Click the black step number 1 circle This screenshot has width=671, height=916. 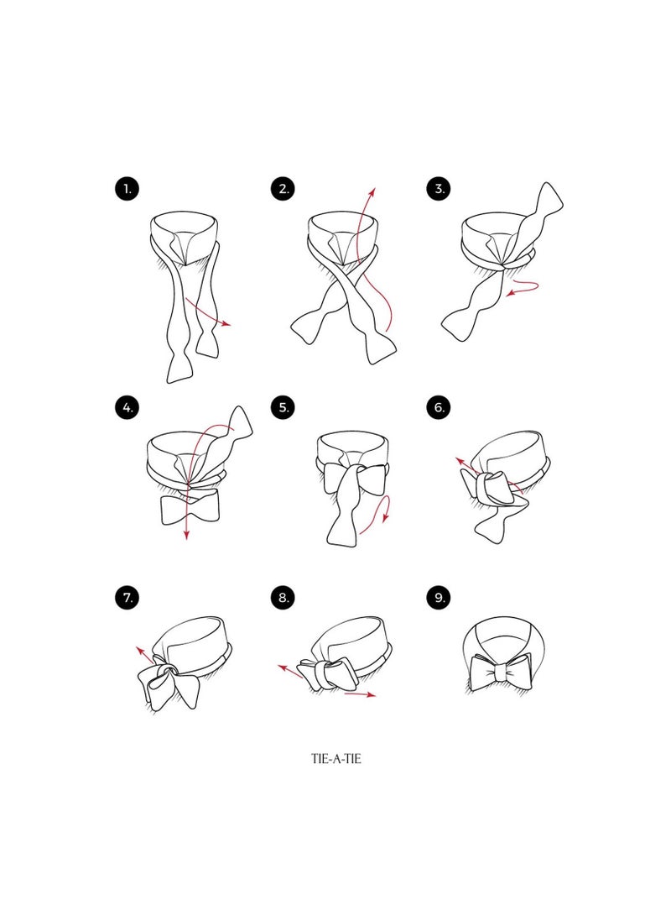coord(127,189)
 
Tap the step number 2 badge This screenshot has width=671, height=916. coord(283,189)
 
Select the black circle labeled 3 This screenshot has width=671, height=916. coord(439,189)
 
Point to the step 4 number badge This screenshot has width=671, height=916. coord(127,407)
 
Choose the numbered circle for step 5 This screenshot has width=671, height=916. coord(283,407)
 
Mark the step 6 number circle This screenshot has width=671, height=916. coord(439,407)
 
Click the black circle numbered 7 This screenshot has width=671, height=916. coord(127,598)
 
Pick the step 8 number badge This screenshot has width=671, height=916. coord(283,598)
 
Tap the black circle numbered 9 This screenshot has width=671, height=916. coord(439,598)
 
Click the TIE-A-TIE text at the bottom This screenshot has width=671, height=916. coord(336,759)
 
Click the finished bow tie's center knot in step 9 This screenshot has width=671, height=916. coord(500,674)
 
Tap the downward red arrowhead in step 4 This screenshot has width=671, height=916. coord(186,535)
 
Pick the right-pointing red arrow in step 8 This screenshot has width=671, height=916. coord(360,694)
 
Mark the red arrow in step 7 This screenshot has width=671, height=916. coord(146,657)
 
